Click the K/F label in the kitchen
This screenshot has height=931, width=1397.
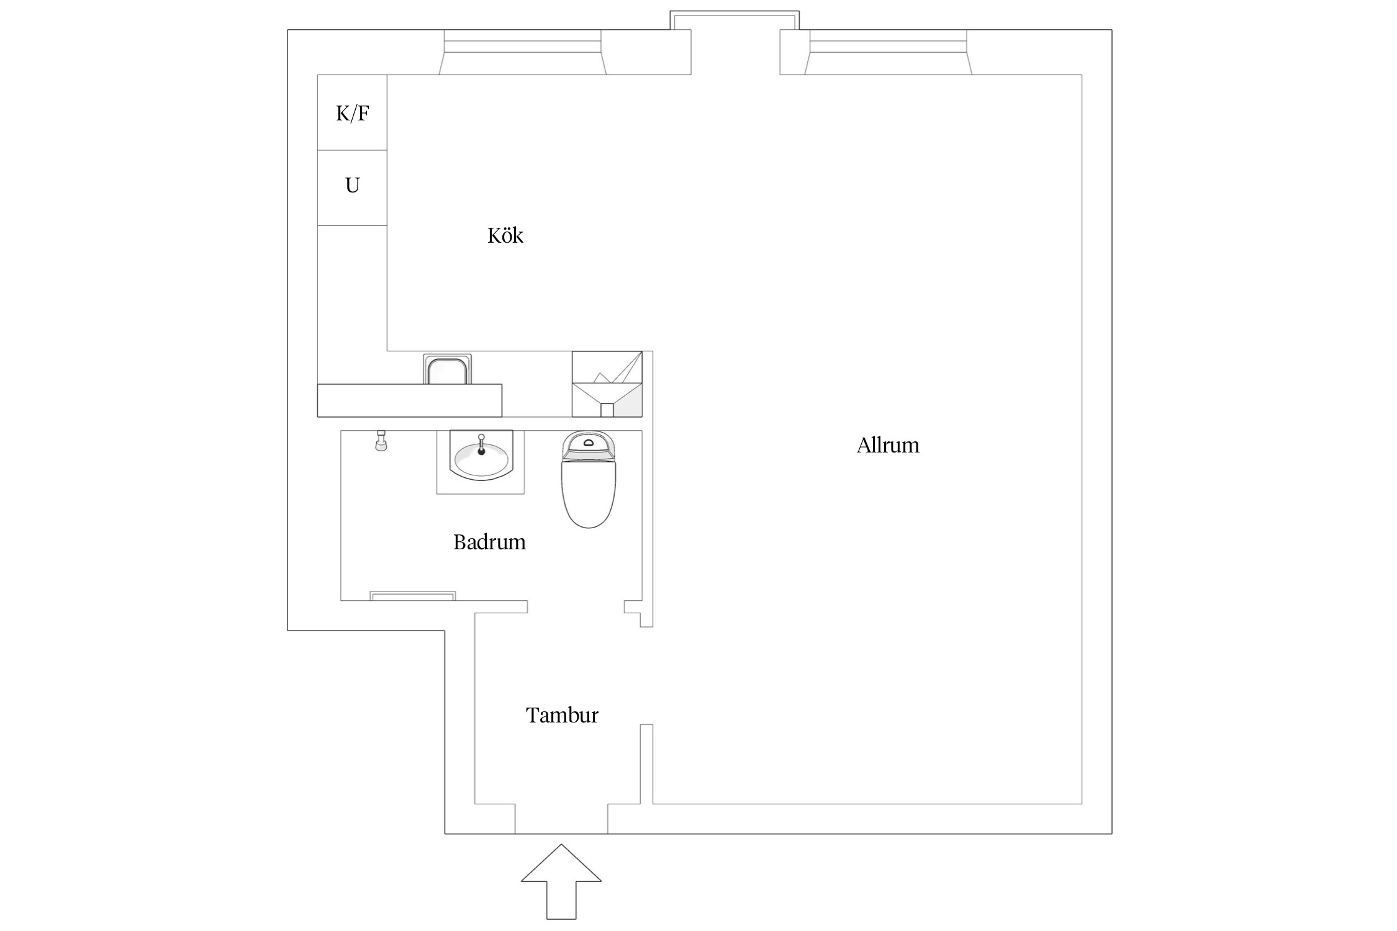tap(352, 114)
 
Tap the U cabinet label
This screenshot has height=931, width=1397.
tap(352, 186)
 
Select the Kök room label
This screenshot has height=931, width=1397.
tap(505, 236)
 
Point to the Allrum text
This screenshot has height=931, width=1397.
tap(887, 446)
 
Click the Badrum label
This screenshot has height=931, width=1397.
tap(489, 542)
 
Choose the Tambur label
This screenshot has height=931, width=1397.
tap(562, 716)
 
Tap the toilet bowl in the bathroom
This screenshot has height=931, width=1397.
tap(589, 493)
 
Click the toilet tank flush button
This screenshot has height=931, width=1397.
tap(589, 443)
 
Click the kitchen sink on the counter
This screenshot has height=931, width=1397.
tap(447, 371)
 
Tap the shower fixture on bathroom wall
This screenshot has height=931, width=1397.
tap(381, 441)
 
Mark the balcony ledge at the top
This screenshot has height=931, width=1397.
tap(735, 20)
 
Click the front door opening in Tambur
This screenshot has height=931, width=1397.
tap(561, 819)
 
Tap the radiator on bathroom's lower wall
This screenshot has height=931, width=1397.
tap(412, 596)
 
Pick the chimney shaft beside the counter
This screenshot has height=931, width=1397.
tap(607, 384)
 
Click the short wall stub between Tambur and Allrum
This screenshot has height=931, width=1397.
tap(646, 763)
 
